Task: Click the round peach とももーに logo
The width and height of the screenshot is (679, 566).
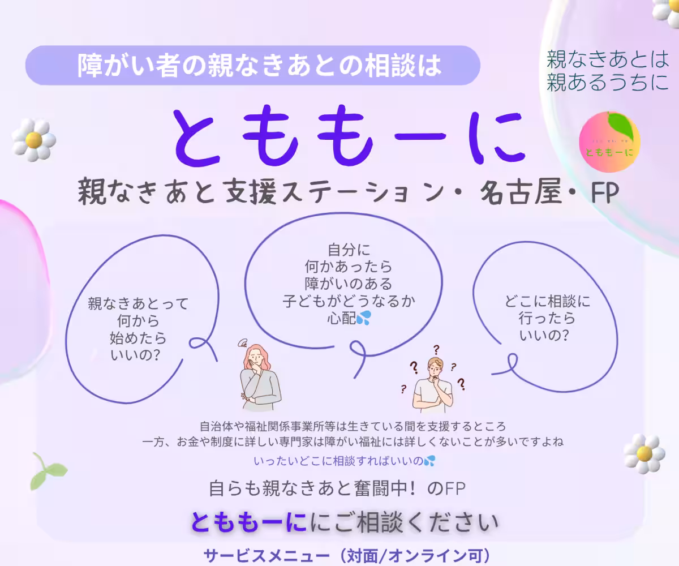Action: click(x=609, y=142)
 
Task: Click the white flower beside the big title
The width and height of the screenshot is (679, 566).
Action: click(x=34, y=139)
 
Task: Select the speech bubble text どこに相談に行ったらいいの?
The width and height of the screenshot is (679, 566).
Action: click(x=547, y=318)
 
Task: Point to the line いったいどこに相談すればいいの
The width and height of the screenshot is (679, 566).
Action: click(x=338, y=461)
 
